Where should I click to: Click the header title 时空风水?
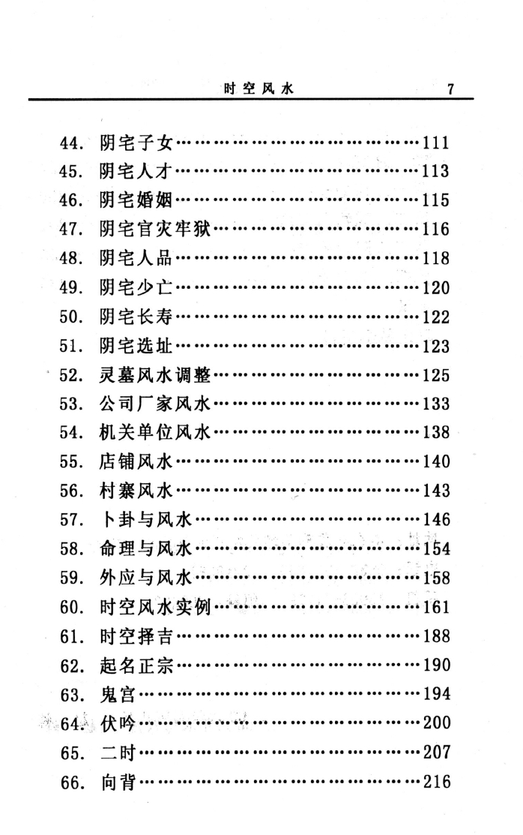pos(259,89)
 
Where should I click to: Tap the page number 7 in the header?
pos(450,89)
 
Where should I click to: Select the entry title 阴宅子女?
pos(136,143)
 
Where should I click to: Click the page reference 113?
pos(436,171)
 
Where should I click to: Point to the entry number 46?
pos(71,200)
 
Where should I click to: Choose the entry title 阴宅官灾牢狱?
pos(155,229)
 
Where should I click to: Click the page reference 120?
pos(436,287)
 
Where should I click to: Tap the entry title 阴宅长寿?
pos(136,317)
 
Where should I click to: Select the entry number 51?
pos(71,346)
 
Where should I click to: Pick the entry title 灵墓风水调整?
pos(155,375)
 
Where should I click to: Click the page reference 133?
pos(436,404)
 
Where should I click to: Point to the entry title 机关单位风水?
pos(155,432)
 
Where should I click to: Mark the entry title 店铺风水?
pos(136,461)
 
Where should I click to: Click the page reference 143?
pos(436,491)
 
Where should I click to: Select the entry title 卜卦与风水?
pos(146,519)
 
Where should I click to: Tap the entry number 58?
pos(71,548)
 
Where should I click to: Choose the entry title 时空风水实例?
pos(155,607)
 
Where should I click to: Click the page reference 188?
pos(436,636)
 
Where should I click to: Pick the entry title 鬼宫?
pos(118,695)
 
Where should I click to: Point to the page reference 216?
pos(436,782)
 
